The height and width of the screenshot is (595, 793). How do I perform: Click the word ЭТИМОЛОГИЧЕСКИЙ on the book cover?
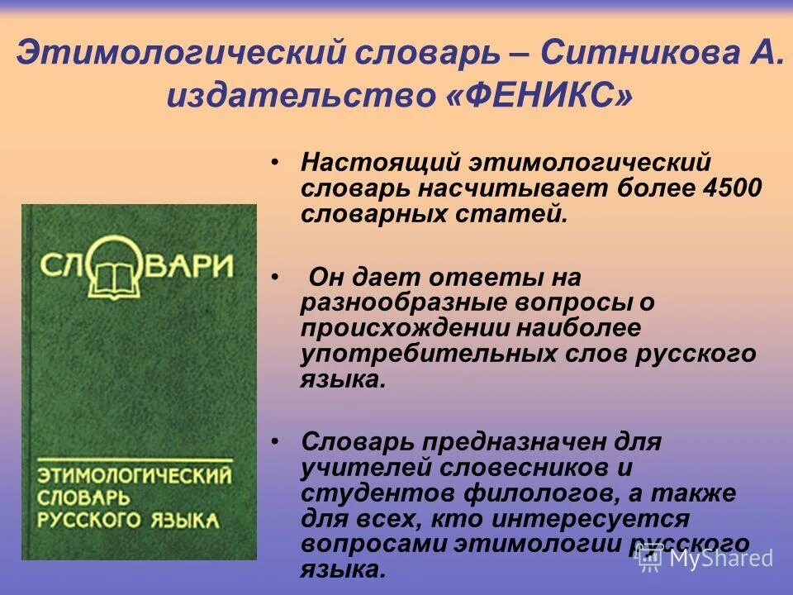(133, 476)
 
